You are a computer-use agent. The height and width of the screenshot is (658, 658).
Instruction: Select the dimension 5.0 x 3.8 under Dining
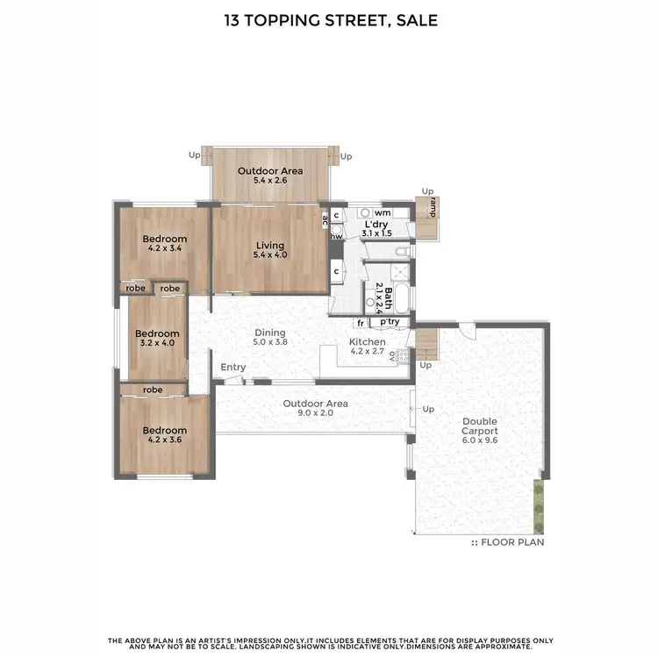(271, 342)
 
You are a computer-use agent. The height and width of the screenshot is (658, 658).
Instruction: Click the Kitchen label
(367, 341)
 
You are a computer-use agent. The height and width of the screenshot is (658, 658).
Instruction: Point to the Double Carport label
(480, 426)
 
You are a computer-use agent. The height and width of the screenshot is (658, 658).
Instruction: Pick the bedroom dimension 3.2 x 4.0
(158, 343)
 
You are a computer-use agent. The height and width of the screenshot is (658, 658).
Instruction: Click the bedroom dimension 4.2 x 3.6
(166, 440)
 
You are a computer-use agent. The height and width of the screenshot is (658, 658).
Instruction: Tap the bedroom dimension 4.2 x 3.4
(166, 249)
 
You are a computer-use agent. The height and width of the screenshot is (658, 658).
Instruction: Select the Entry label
(233, 367)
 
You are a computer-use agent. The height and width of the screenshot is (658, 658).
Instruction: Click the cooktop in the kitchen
(403, 357)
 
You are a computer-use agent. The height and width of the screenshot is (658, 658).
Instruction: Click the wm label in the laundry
(383, 212)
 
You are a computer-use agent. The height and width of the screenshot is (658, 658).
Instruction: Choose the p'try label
(390, 322)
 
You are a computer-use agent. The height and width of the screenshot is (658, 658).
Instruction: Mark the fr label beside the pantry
(361, 322)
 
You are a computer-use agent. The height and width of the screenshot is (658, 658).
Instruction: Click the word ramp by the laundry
(433, 207)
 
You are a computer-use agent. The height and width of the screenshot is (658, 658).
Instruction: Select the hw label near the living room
(336, 235)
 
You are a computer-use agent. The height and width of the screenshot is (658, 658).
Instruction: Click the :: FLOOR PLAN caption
(508, 542)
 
